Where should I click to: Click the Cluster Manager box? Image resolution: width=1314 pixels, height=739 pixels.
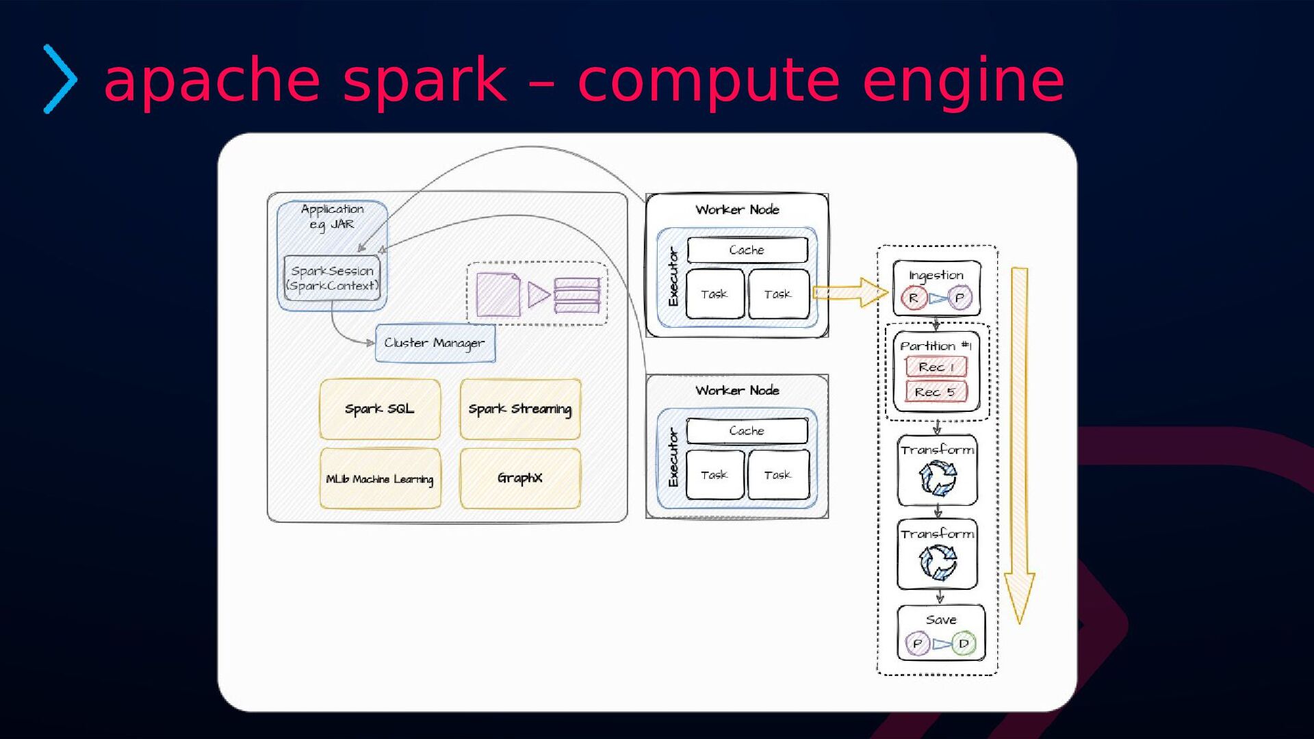point(435,343)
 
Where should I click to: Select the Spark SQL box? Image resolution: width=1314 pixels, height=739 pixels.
point(380,409)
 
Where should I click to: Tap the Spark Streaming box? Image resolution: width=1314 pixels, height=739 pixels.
point(520,409)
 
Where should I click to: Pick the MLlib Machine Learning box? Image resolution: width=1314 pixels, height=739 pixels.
point(380,479)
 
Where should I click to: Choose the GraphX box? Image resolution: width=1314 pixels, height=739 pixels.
point(520,478)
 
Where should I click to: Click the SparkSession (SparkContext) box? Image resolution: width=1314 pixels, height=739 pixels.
point(332,278)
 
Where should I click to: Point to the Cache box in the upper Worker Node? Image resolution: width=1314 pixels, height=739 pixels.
point(747,250)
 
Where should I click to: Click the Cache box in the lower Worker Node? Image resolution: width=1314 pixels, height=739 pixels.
point(747,431)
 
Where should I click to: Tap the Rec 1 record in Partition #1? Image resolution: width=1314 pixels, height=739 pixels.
point(936,367)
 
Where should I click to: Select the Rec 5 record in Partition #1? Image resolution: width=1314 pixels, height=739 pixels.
point(936,392)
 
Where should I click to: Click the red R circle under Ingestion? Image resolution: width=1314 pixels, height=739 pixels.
point(913,298)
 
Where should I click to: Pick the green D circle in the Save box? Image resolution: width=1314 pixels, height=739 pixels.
point(964,644)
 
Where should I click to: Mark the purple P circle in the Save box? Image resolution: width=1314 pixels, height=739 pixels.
point(917,644)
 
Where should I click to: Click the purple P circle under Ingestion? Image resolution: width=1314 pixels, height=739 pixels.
point(959,298)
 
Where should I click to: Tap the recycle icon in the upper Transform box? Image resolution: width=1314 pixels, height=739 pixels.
point(938,478)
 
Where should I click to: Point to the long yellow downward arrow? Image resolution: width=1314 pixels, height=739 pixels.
point(1020,445)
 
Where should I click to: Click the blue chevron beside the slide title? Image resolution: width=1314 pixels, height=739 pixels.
point(60,79)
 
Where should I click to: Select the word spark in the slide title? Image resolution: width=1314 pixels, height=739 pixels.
point(424,81)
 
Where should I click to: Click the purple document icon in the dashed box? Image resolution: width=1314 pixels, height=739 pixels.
point(498,295)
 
